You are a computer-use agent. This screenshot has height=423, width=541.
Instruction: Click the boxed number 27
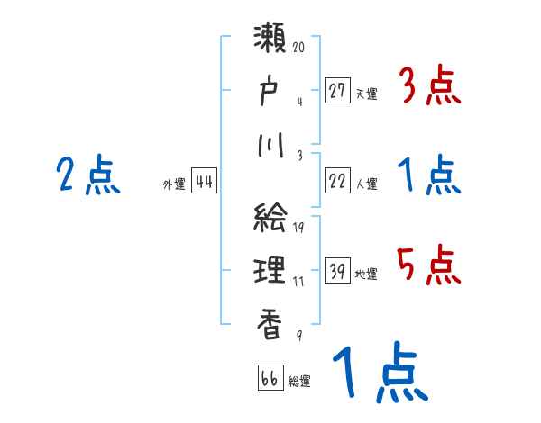click(337, 90)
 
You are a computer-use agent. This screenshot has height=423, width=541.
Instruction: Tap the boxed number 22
click(337, 181)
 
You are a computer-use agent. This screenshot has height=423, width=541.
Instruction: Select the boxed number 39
click(337, 271)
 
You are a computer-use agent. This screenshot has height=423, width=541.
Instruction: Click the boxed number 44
click(204, 181)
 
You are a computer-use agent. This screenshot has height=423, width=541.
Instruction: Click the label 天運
click(366, 93)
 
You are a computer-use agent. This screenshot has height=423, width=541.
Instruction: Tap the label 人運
click(366, 184)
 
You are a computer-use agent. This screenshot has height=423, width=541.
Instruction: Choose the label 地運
click(366, 274)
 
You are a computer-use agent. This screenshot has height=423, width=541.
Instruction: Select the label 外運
click(174, 184)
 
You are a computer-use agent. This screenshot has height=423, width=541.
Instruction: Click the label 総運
click(299, 380)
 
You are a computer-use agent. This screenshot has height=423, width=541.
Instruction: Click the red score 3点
click(428, 86)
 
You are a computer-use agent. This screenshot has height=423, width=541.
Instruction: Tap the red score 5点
click(428, 265)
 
